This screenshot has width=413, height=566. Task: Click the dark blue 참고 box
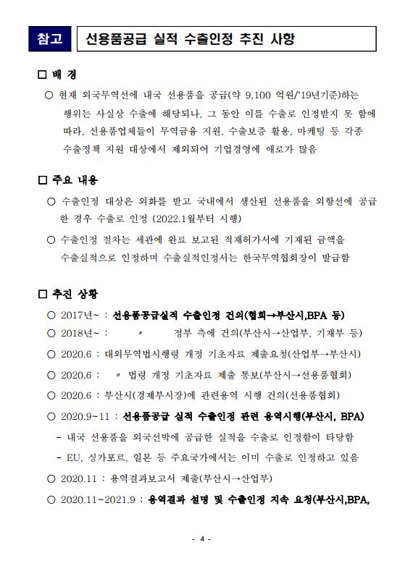pyautogui.click(x=50, y=38)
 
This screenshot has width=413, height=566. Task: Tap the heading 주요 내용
pyautogui.click(x=75, y=179)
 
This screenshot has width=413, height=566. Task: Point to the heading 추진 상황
pyautogui.click(x=75, y=294)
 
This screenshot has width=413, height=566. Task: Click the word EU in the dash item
pyautogui.click(x=74, y=457)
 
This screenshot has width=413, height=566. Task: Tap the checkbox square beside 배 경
pyautogui.click(x=41, y=75)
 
